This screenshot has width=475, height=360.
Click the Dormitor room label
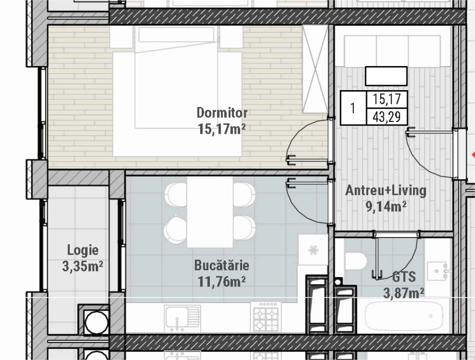(222, 113)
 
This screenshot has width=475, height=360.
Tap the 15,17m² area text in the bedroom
(222, 129)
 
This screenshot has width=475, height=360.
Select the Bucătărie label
(222, 265)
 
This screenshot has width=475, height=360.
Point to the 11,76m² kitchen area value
(222, 282)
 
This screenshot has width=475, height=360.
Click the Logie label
(83, 250)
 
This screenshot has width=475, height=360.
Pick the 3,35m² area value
(83, 266)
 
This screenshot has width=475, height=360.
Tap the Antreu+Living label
(386, 190)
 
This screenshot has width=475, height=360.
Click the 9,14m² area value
(386, 207)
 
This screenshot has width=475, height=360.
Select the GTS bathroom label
(404, 277)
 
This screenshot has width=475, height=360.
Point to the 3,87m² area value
(404, 293)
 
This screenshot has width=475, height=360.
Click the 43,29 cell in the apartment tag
(387, 117)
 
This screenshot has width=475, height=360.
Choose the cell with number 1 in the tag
(353, 108)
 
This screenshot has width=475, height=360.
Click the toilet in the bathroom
(356, 261)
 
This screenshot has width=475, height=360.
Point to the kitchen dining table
(210, 212)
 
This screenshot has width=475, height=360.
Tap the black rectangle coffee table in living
(386, 76)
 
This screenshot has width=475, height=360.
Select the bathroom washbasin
(436, 270)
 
